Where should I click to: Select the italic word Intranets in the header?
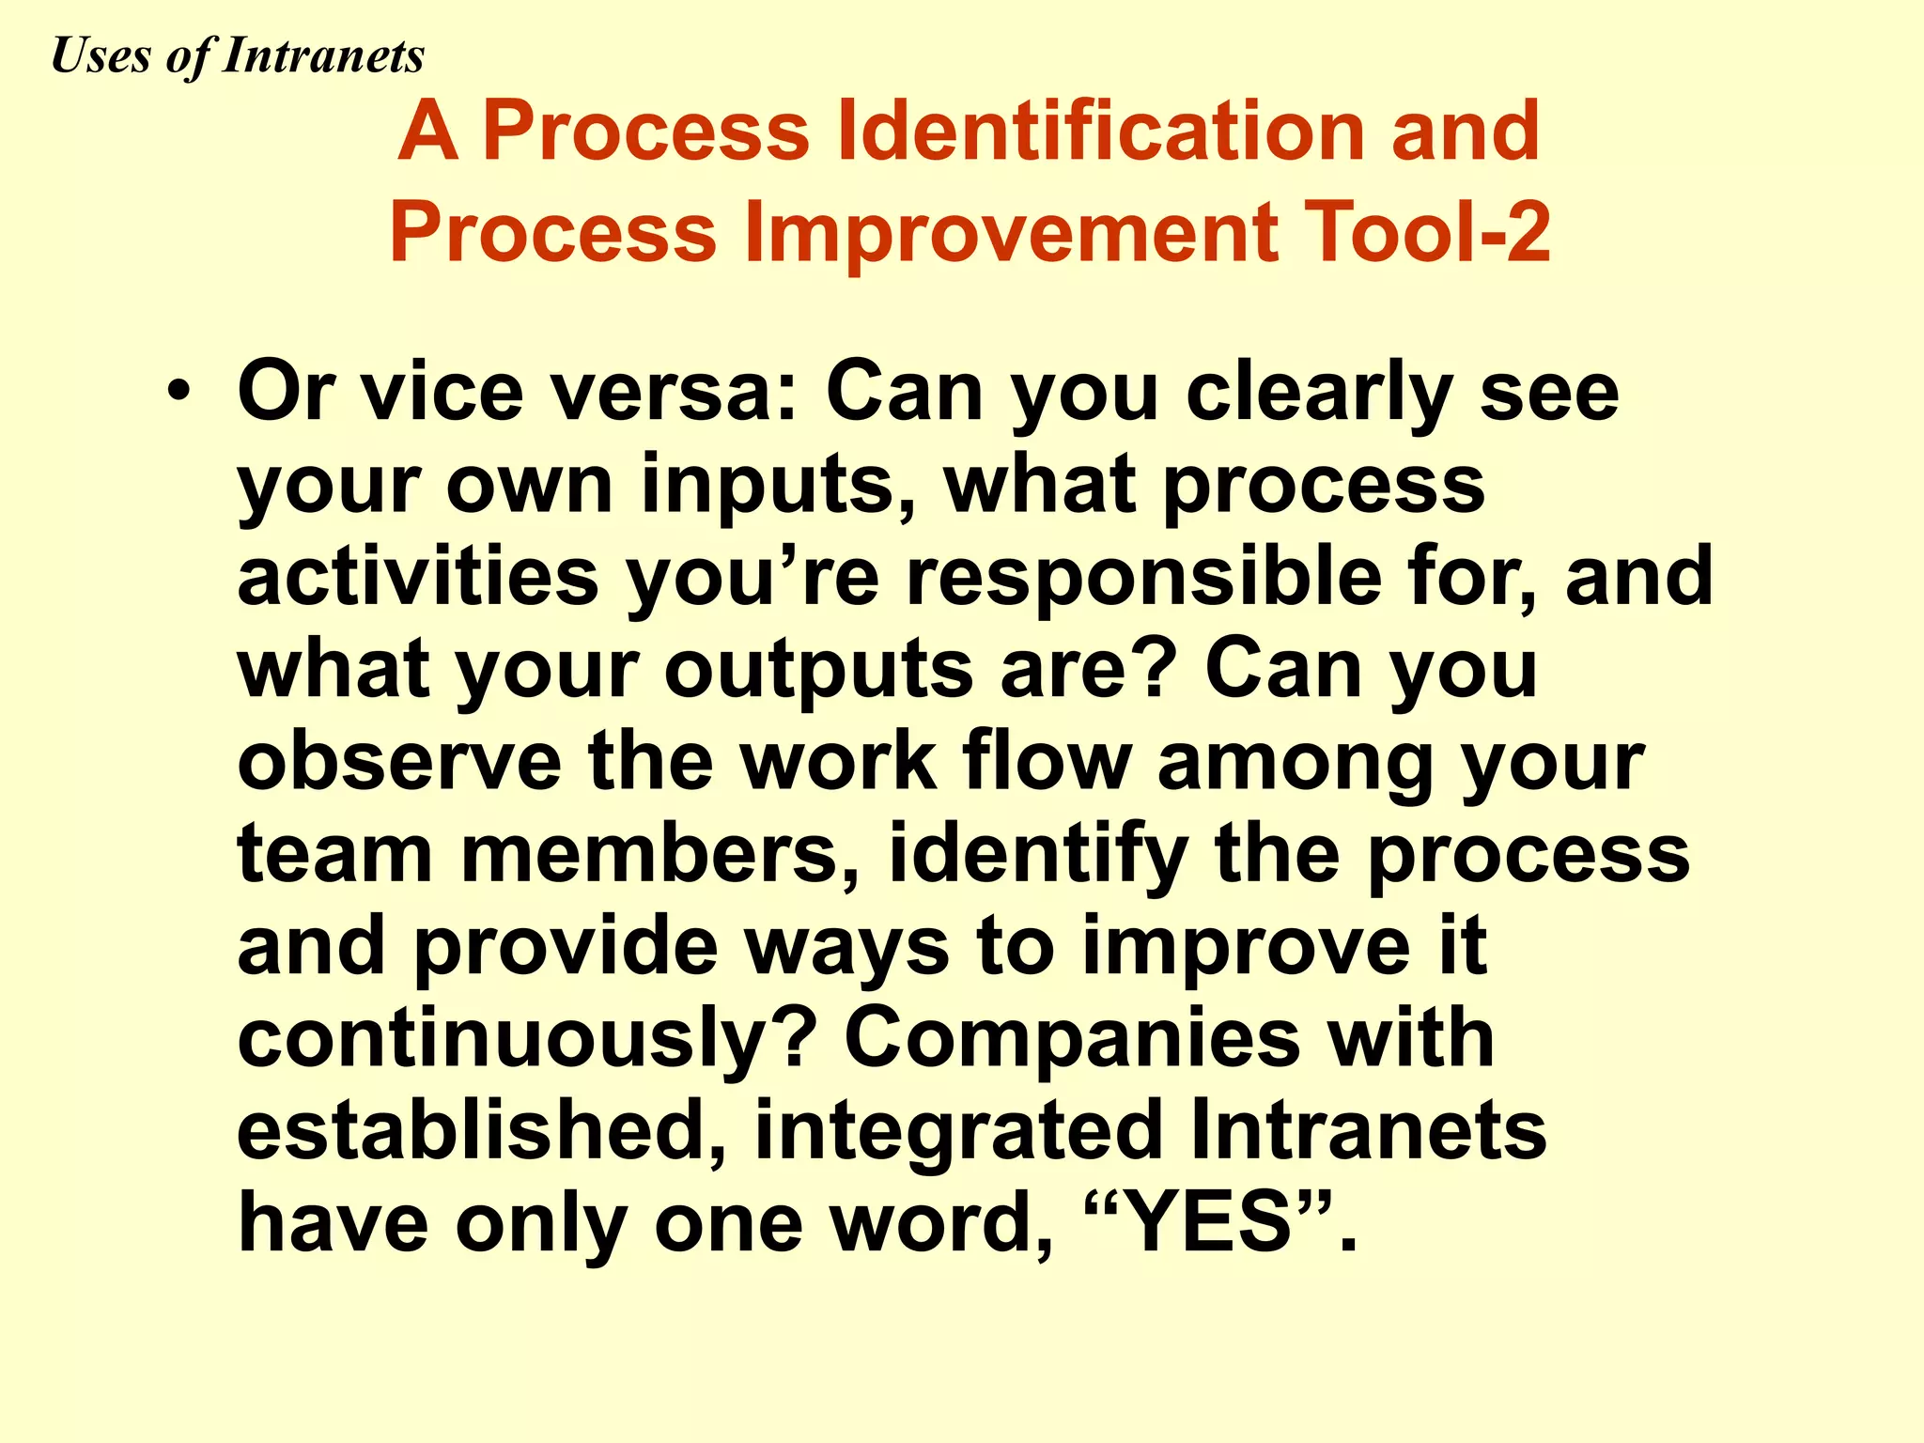click(x=323, y=56)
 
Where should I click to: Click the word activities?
click(x=418, y=577)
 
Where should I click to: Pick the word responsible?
click(x=1142, y=579)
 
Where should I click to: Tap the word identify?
click(x=1038, y=856)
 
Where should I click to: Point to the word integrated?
click(x=958, y=1133)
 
